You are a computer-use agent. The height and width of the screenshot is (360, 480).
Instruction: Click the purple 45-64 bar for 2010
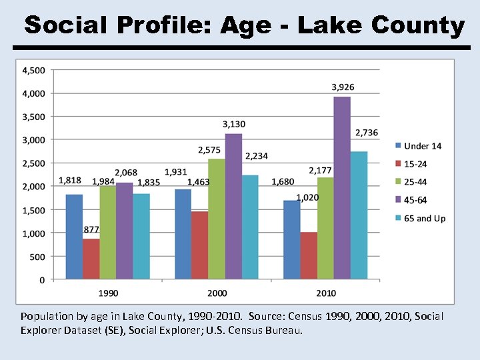pos(342,188)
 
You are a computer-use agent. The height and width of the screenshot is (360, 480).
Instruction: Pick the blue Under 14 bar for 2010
pos(291,240)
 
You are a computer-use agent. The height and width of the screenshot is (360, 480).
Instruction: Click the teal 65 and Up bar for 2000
pos(250,227)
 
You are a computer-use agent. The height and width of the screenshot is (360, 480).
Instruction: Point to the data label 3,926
pos(343,87)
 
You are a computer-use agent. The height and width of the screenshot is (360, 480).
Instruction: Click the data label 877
pos(91,229)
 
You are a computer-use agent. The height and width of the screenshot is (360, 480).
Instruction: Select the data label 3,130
pos(234,124)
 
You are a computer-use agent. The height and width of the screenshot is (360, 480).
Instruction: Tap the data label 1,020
pos(307,197)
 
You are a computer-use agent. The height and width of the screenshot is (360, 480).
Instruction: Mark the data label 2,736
pos(366,133)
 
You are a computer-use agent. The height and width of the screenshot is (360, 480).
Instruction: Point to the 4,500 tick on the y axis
pos(34,70)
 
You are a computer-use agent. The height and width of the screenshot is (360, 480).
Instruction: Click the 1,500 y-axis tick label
pos(34,210)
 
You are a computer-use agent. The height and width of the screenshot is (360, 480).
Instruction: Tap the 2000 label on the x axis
pos(217,293)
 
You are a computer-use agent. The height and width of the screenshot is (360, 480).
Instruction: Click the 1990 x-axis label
pos(109,293)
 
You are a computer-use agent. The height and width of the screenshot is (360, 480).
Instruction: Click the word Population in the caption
pos(45,316)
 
